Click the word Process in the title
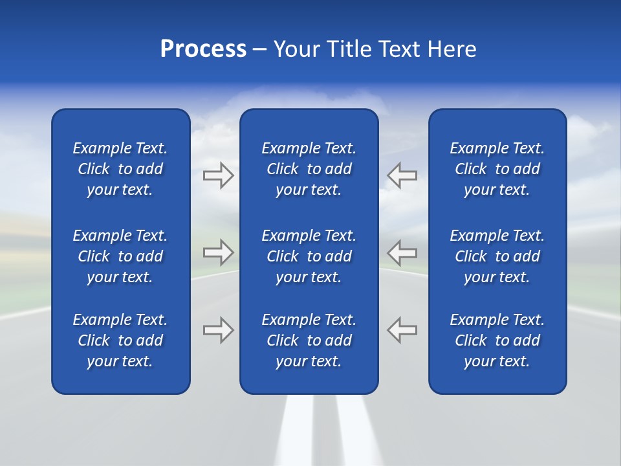tap(203, 49)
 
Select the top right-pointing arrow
tap(219, 175)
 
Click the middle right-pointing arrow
tap(219, 252)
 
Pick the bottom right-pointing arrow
tap(219, 329)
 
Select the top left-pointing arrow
tap(402, 175)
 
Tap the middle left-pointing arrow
tap(402, 252)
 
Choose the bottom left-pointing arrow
tap(402, 329)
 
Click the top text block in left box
tap(120, 169)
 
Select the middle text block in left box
tap(120, 256)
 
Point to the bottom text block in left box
tap(120, 340)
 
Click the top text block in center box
tap(309, 169)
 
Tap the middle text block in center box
tap(309, 256)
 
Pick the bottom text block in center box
tap(309, 340)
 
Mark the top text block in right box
tap(497, 169)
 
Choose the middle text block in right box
tap(497, 256)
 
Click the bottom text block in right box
tap(497, 340)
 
